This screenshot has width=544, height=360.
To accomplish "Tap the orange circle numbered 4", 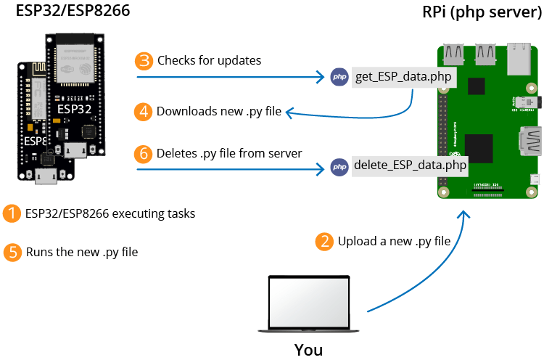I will click(x=144, y=112).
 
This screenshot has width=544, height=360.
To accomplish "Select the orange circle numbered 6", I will click(x=144, y=154).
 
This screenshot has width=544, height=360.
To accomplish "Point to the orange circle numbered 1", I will click(x=12, y=214).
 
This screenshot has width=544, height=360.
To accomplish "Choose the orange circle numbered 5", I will click(x=12, y=253).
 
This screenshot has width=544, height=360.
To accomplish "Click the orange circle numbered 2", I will click(x=324, y=242).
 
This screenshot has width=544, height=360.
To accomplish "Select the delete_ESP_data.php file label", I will click(x=409, y=166).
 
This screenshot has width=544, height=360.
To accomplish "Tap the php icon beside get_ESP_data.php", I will click(x=339, y=78).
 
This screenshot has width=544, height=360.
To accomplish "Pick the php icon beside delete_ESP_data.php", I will click(x=339, y=167).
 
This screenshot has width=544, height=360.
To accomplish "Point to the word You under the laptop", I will click(x=308, y=350).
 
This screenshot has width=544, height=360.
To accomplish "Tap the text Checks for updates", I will click(x=209, y=60).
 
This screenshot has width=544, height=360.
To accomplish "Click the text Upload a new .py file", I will click(x=394, y=242).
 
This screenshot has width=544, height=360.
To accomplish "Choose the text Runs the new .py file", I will click(x=82, y=253).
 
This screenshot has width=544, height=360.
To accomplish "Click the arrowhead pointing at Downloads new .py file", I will click(x=268, y=112).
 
